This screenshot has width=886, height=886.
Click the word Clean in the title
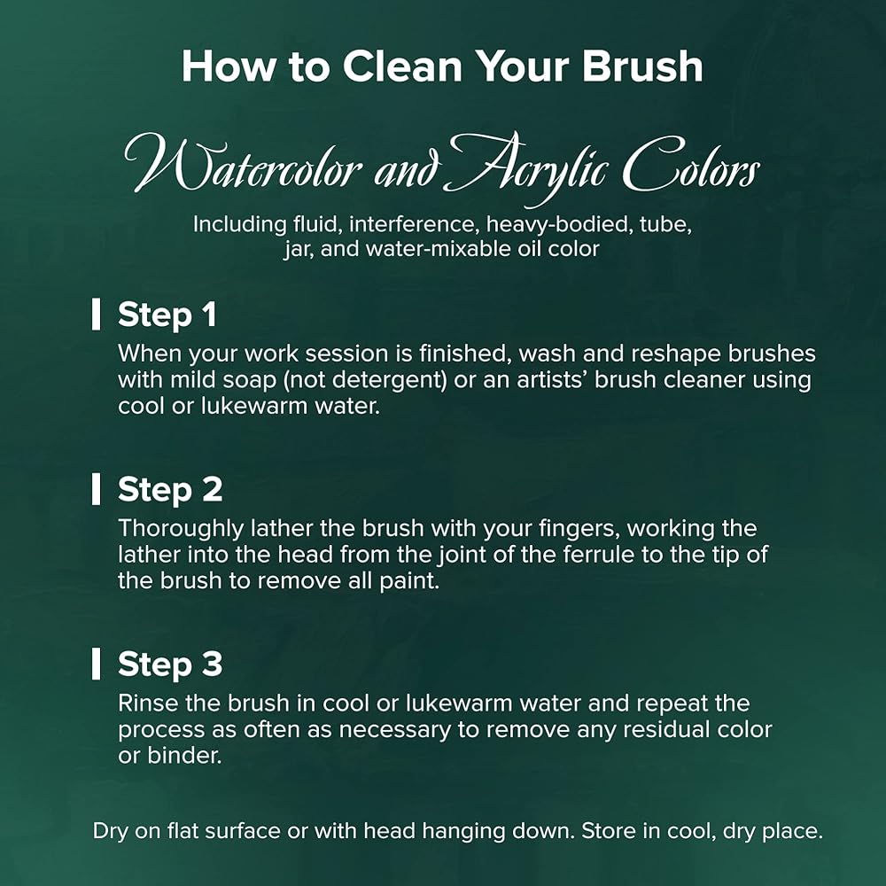402,66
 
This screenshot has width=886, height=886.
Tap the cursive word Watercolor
243,165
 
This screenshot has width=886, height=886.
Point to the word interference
411,224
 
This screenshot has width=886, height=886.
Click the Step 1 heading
167,315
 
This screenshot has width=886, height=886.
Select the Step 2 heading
170,489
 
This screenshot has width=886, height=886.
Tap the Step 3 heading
170,664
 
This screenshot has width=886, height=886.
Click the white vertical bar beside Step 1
96,315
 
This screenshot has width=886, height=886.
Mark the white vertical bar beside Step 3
96,664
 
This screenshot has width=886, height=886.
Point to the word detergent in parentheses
388,380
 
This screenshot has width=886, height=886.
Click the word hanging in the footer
463,832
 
